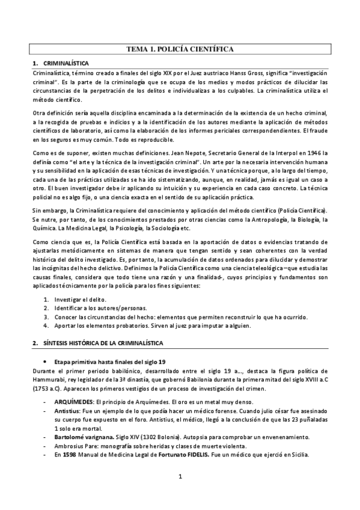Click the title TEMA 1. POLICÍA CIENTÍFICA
180,49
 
